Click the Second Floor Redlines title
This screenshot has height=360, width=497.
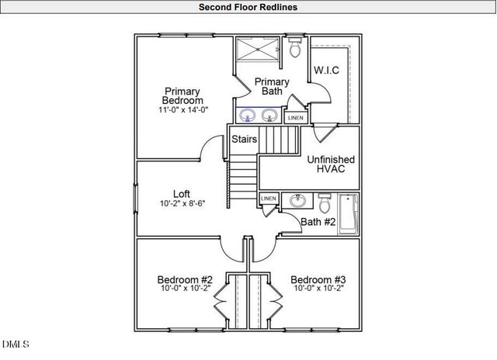[247, 7]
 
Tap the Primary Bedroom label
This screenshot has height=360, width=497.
[182, 95]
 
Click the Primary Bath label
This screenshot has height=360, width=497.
[272, 86]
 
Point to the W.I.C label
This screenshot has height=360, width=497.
[326, 70]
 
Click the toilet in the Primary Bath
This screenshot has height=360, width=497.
[294, 50]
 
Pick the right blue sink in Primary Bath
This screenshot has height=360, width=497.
[269, 116]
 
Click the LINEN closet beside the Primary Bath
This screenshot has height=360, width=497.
[295, 118]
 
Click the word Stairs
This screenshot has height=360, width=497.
[245, 140]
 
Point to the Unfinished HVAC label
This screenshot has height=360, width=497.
[331, 164]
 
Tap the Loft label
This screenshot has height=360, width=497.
[182, 194]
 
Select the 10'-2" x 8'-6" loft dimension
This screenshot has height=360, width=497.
[182, 204]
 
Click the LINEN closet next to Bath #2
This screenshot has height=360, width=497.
[268, 199]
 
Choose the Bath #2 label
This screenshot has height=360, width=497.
[318, 223]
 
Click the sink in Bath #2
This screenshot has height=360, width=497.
[297, 201]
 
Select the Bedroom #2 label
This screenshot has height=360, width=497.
[185, 279]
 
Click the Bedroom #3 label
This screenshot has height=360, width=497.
[318, 279]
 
